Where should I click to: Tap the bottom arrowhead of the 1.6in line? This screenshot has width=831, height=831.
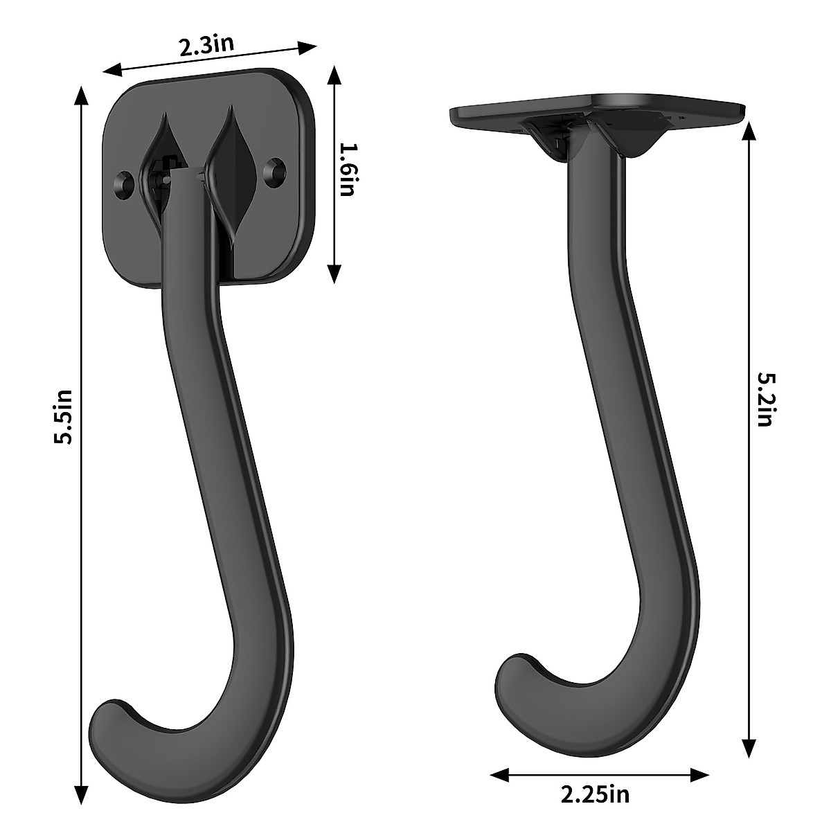pos(334,277)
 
